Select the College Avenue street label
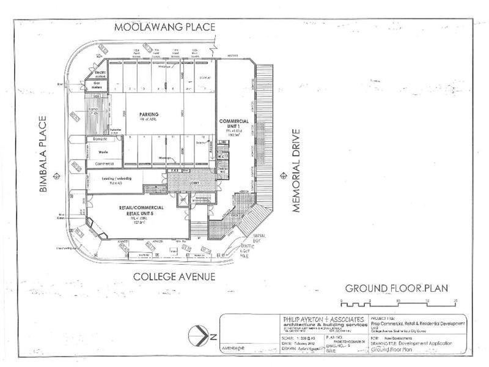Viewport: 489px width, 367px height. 174,276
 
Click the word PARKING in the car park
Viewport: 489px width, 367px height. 149,114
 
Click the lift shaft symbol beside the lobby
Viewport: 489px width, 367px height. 182,200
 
